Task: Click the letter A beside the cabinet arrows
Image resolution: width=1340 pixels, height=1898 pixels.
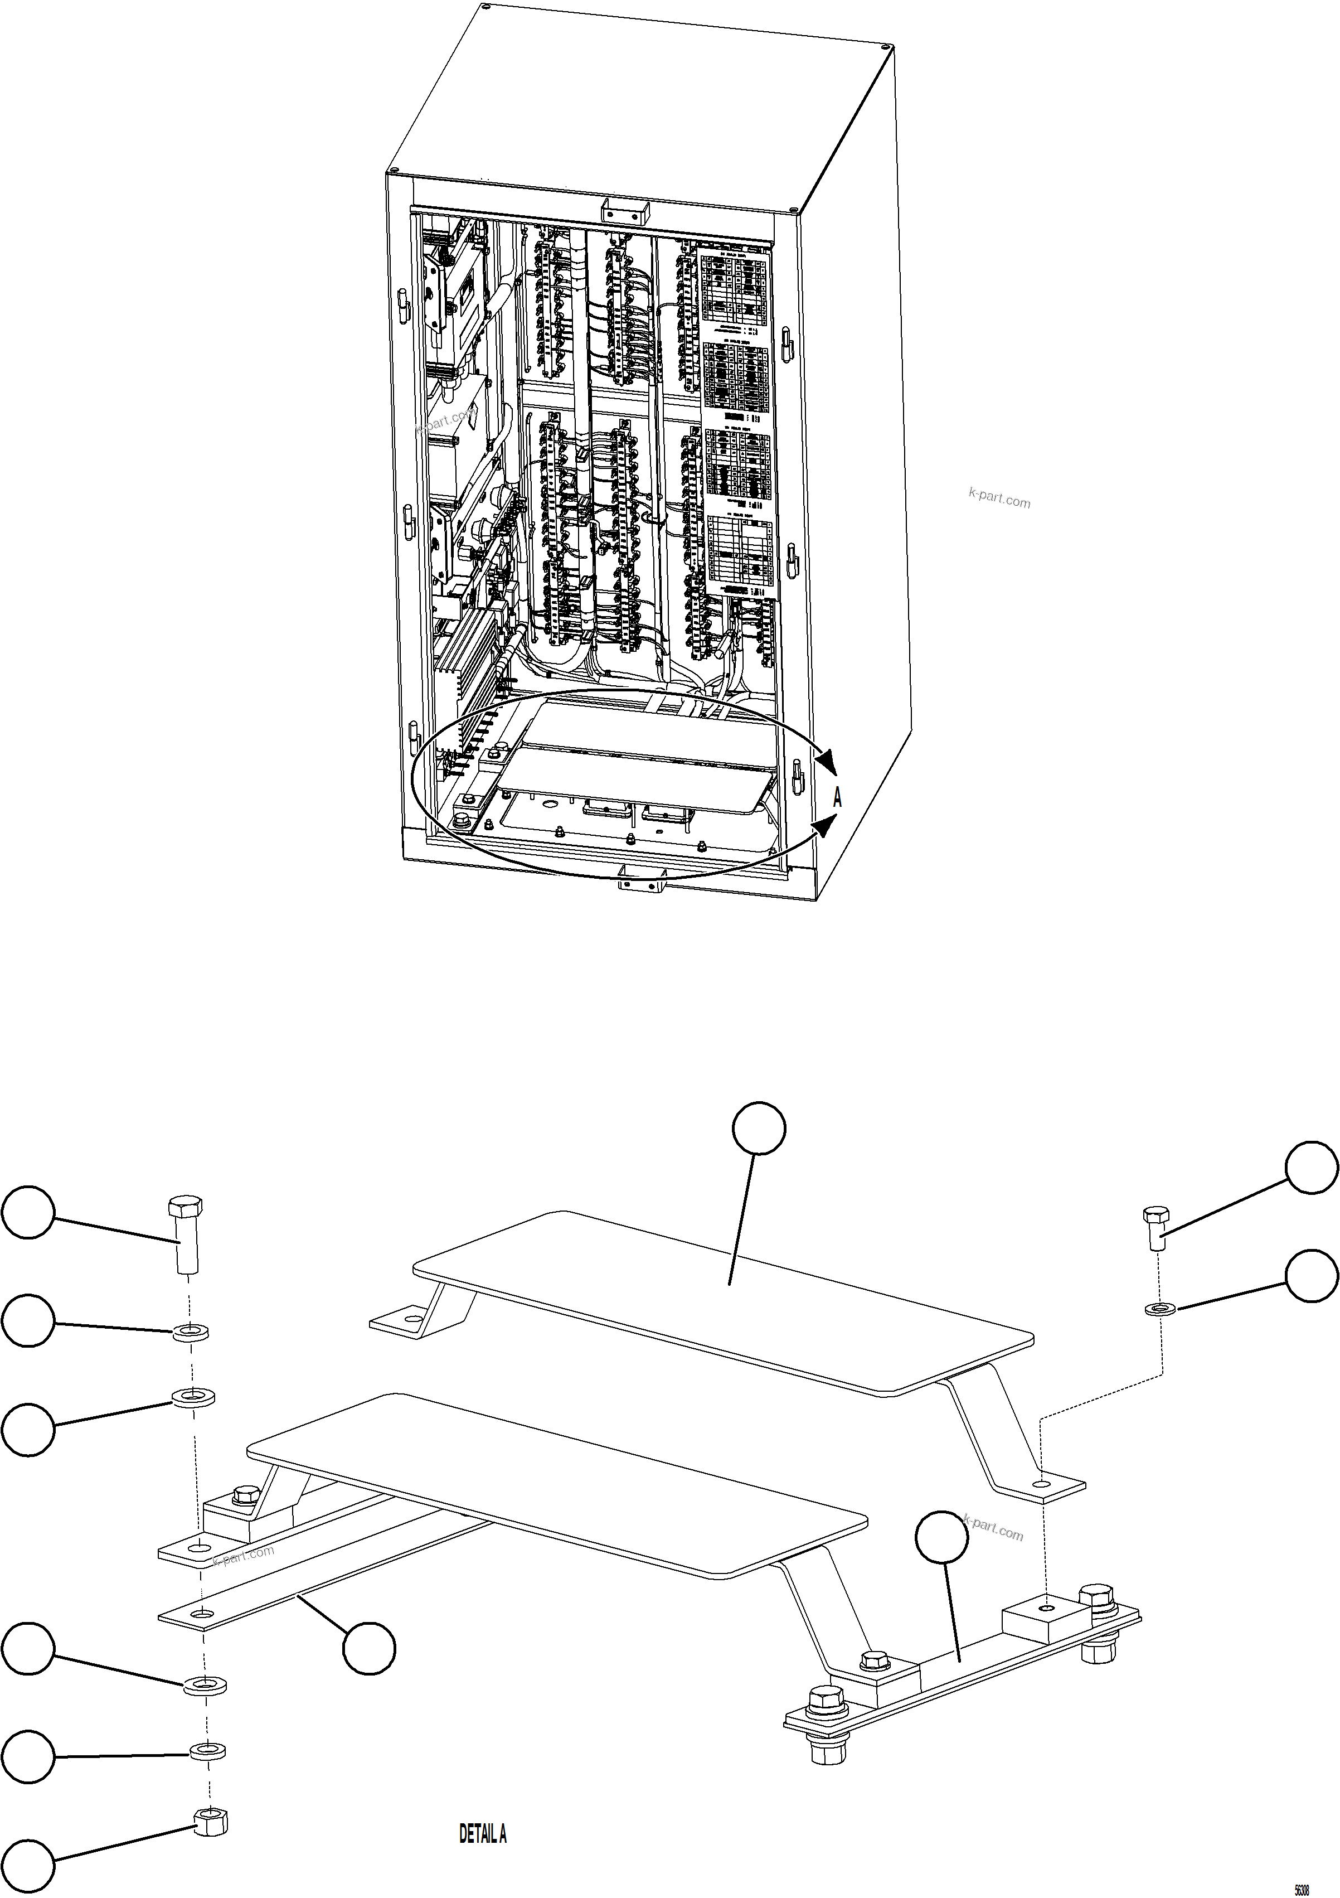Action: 837,798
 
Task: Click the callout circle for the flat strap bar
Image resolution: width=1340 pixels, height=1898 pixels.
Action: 370,1648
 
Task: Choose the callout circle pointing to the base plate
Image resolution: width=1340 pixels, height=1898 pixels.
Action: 941,1538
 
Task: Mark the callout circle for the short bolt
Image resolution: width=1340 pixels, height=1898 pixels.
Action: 1311,1168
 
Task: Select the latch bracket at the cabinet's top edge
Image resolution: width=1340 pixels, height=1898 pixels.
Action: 625,210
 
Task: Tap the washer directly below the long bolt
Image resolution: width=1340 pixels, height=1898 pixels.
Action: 190,1333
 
